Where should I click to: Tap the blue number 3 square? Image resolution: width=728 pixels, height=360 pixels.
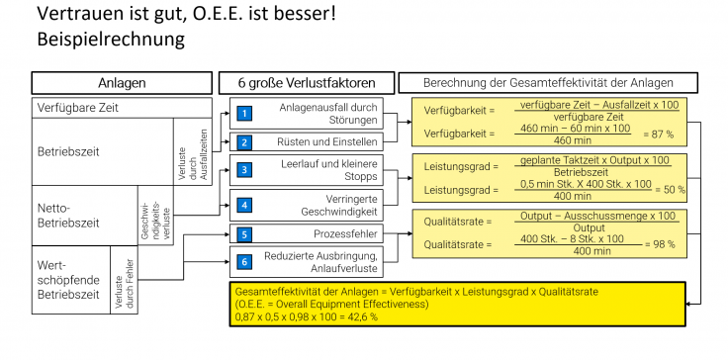(x=243, y=171)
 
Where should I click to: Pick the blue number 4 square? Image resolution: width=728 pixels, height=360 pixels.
(x=243, y=205)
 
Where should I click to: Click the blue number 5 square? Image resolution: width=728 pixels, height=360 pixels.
(x=243, y=234)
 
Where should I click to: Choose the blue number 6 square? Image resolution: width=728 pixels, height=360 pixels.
(x=243, y=262)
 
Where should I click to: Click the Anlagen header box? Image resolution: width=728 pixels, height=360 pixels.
(x=122, y=83)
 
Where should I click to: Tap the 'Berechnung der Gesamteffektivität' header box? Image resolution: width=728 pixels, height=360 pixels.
(x=548, y=83)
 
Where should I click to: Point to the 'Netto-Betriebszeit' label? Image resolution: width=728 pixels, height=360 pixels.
(x=69, y=210)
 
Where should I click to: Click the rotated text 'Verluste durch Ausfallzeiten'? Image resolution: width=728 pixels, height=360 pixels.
(x=193, y=151)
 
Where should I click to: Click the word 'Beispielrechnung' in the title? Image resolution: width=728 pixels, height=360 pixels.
(x=109, y=41)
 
